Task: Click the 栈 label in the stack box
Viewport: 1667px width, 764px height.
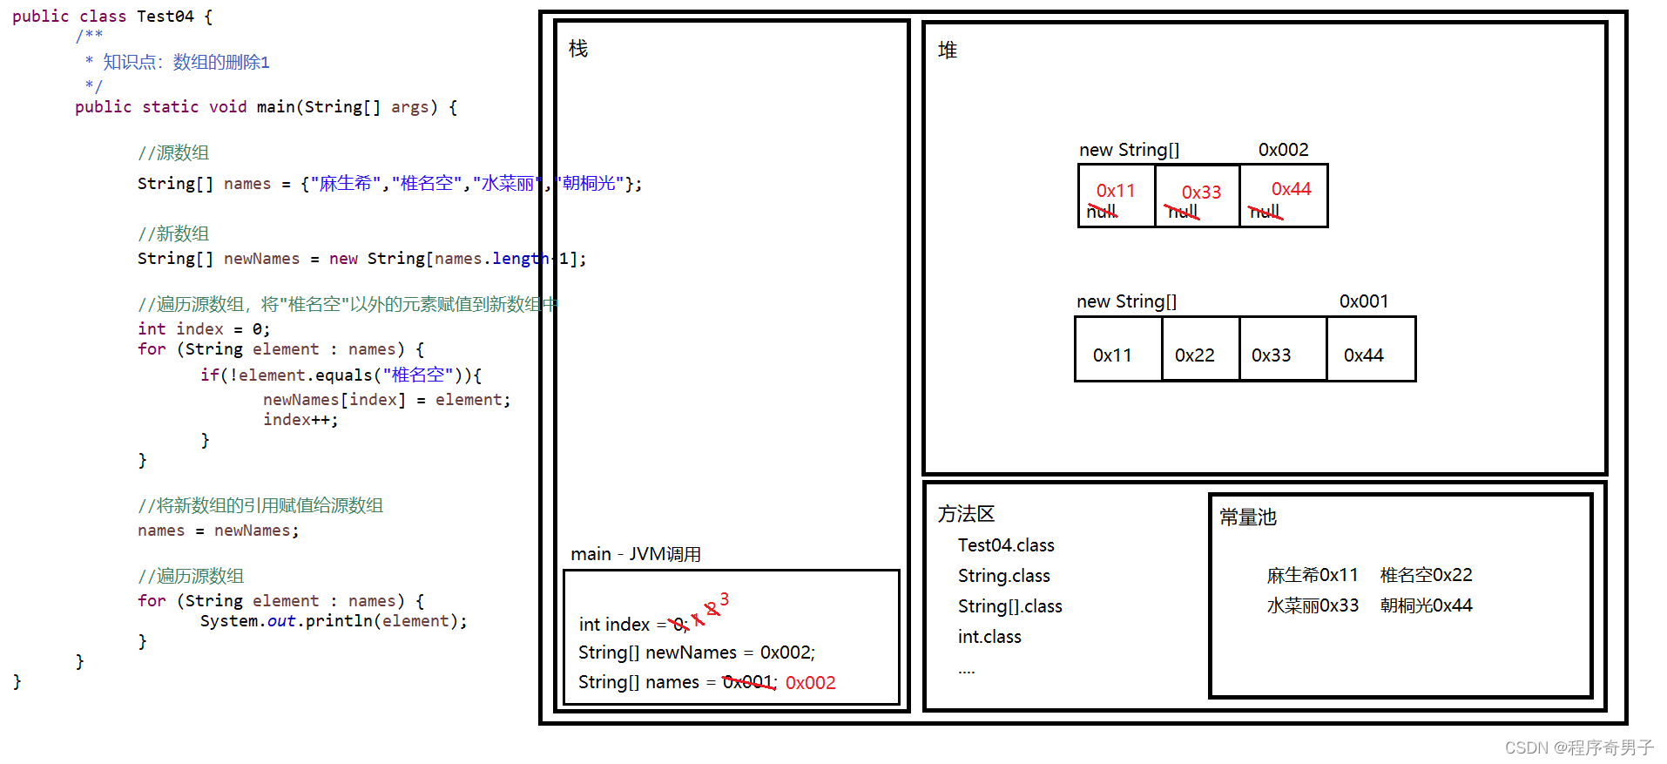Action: pyautogui.click(x=578, y=49)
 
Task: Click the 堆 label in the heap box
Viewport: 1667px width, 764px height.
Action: pyautogui.click(x=948, y=51)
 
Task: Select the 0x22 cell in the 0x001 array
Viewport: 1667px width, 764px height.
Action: pyautogui.click(x=1194, y=355)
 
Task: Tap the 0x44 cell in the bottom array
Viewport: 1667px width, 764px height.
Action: pyautogui.click(x=1363, y=355)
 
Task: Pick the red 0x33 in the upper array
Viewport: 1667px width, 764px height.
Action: pyautogui.click(x=1201, y=192)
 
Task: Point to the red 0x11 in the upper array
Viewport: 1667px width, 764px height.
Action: pyautogui.click(x=1116, y=190)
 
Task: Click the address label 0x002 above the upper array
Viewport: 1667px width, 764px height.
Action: pyautogui.click(x=1283, y=150)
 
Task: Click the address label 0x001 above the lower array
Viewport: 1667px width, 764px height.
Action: pyautogui.click(x=1363, y=301)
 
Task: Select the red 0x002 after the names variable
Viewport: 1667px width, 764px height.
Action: pyautogui.click(x=810, y=683)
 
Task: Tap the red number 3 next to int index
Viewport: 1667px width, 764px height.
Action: pyautogui.click(x=724, y=599)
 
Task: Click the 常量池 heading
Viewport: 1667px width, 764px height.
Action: pyautogui.click(x=1247, y=517)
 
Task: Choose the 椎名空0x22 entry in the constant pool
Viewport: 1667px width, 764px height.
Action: pyautogui.click(x=1426, y=575)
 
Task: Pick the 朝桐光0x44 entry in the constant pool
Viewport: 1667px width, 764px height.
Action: pyautogui.click(x=1426, y=605)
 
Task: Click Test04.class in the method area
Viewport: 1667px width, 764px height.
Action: pyautogui.click(x=1006, y=545)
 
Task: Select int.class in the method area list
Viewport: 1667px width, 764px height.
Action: pyautogui.click(x=989, y=637)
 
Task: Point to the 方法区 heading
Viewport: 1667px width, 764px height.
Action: pyautogui.click(x=966, y=514)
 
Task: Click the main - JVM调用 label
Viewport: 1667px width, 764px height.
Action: pyautogui.click(x=636, y=554)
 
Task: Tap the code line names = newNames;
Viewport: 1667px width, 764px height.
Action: pyautogui.click(x=218, y=531)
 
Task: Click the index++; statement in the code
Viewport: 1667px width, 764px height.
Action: pyautogui.click(x=300, y=420)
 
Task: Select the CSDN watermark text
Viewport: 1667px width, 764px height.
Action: pyautogui.click(x=1578, y=747)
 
